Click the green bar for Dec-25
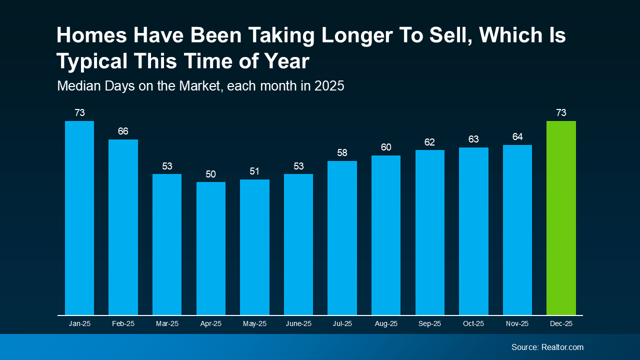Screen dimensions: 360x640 (561, 218)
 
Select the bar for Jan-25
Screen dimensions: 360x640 (79, 218)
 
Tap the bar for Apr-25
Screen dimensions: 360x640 (211, 248)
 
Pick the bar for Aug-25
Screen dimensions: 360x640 (386, 235)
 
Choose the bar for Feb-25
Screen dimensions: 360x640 (123, 227)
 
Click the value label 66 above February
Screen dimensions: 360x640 (123, 131)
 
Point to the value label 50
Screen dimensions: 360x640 (211, 174)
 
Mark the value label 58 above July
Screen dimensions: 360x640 (342, 153)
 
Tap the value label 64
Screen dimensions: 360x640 (517, 137)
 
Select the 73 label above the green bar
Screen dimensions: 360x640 (561, 113)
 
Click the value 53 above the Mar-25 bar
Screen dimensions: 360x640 (167, 166)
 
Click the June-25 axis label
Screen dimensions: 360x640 (298, 324)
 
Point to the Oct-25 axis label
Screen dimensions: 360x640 (473, 324)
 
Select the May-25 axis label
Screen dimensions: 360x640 (254, 324)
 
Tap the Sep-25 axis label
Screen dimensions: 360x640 (430, 324)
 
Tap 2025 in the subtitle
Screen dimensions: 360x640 (329, 86)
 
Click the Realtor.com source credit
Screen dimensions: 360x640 (562, 347)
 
